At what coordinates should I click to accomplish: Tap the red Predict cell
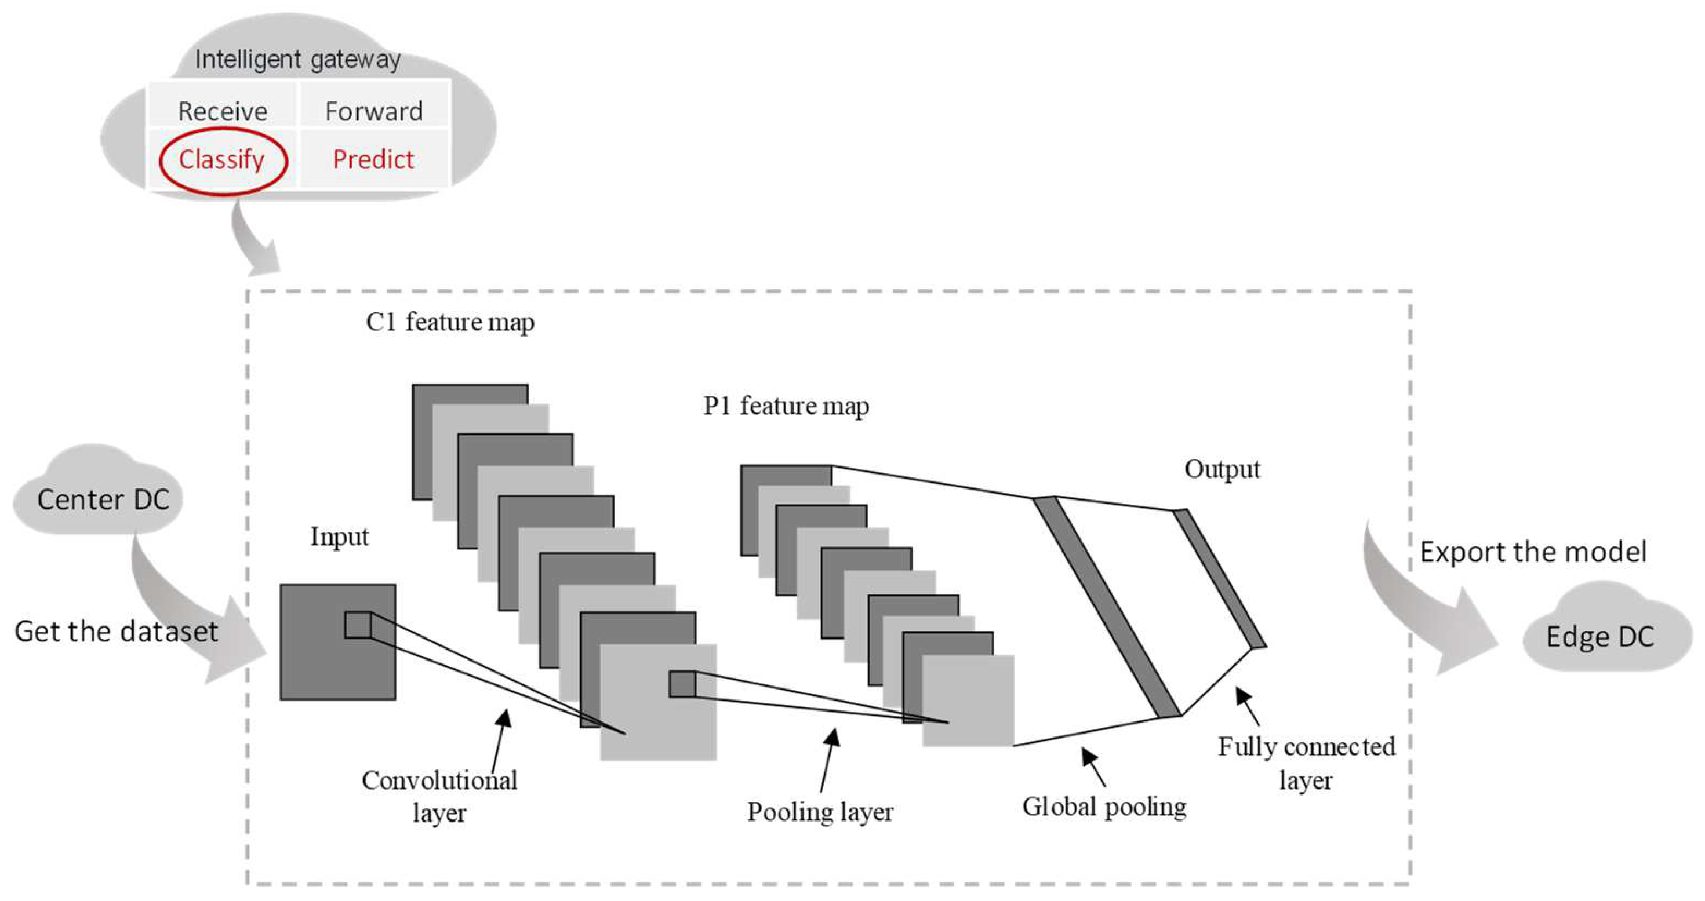(373, 160)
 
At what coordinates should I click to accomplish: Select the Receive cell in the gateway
(223, 111)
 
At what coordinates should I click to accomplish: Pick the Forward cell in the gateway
(374, 111)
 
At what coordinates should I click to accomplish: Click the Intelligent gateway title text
(297, 60)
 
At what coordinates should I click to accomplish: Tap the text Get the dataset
(116, 632)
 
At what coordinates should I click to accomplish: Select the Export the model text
(1533, 552)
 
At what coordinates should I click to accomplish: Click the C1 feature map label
(450, 322)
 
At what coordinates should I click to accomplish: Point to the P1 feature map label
(786, 406)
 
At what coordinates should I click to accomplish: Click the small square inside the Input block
(358, 625)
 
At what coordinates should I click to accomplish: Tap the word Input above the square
(339, 537)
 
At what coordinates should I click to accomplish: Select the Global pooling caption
(1104, 807)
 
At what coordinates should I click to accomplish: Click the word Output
(1222, 469)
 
